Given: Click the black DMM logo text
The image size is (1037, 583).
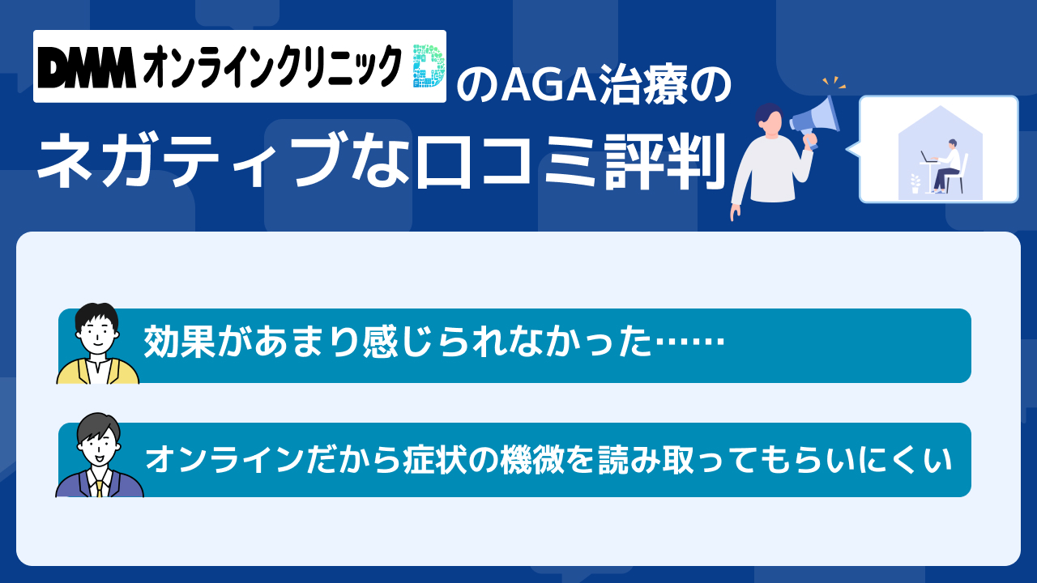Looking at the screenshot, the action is click(87, 67).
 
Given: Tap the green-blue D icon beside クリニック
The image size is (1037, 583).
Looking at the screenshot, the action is click(429, 66).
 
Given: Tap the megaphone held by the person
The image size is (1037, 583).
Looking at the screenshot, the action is click(815, 121).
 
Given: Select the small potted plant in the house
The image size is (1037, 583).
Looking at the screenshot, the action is click(915, 183).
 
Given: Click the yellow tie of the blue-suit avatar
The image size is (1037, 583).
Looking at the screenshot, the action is click(99, 487).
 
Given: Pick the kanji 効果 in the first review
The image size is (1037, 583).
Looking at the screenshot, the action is click(179, 343).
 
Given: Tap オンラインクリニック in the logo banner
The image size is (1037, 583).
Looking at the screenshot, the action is click(271, 66).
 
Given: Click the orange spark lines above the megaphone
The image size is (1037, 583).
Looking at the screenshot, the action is click(834, 83).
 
